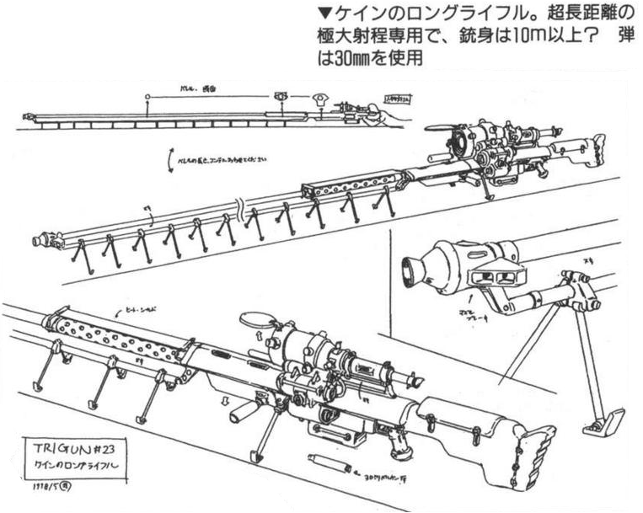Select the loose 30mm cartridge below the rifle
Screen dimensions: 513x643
click(x=323, y=463)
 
